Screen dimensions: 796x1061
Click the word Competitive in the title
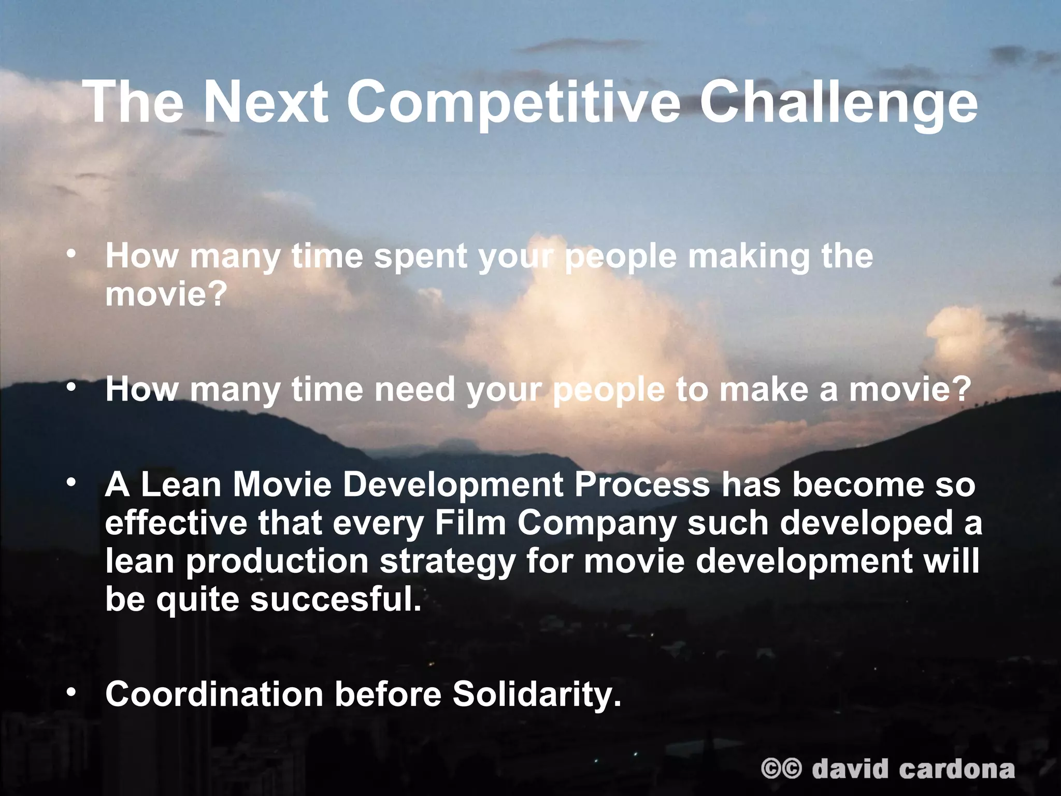click(513, 102)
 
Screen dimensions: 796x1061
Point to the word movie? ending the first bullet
click(166, 294)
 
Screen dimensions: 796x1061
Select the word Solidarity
click(537, 694)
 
